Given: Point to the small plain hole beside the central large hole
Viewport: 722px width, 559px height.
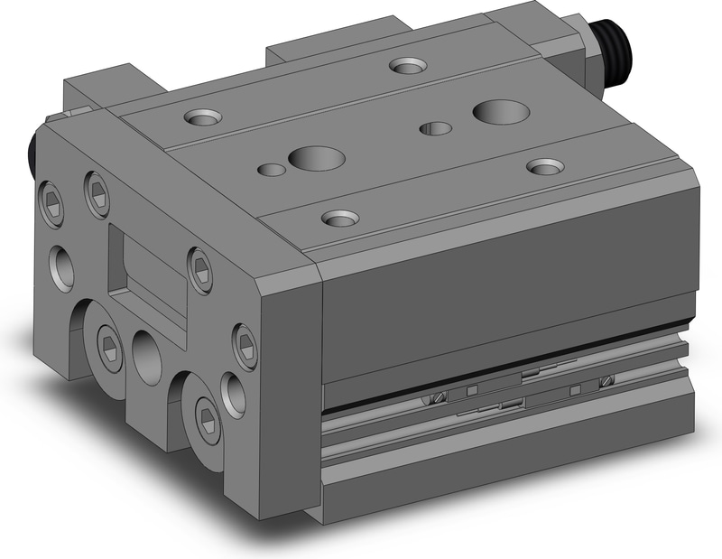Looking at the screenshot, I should [270, 168].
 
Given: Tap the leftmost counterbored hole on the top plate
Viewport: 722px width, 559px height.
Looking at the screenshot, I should [200, 116].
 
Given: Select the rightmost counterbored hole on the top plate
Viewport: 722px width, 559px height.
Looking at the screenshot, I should [545, 166].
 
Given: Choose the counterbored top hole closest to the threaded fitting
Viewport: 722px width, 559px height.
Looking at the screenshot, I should [408, 65].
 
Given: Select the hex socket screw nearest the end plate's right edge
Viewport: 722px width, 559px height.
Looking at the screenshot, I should [245, 341].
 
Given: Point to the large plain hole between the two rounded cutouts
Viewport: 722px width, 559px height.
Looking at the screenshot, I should [147, 353].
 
